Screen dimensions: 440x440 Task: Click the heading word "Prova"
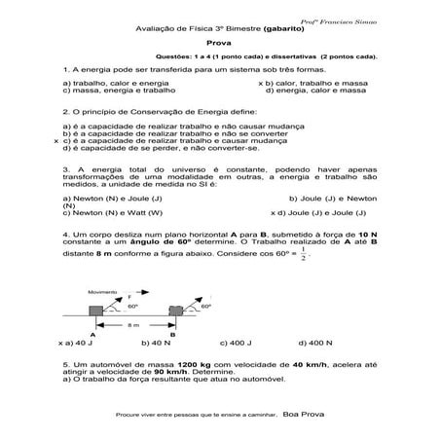click(x=221, y=43)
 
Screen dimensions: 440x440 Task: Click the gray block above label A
click(x=94, y=312)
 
